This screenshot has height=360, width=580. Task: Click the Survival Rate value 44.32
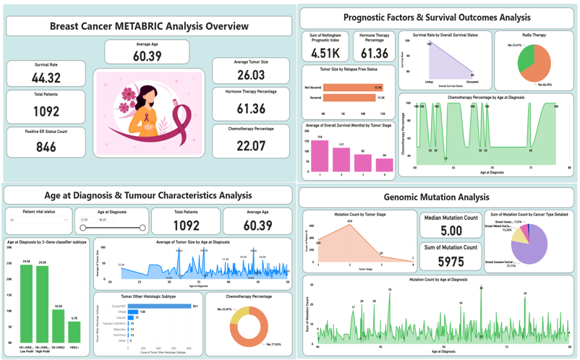46,78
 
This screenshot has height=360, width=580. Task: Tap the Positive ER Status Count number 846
46,147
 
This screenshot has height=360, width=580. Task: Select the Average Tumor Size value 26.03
251,75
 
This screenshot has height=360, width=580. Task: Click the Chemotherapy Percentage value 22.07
251,145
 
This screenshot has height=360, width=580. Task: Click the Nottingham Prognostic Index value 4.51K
325,53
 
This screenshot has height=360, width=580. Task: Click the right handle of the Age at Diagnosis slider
142,228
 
